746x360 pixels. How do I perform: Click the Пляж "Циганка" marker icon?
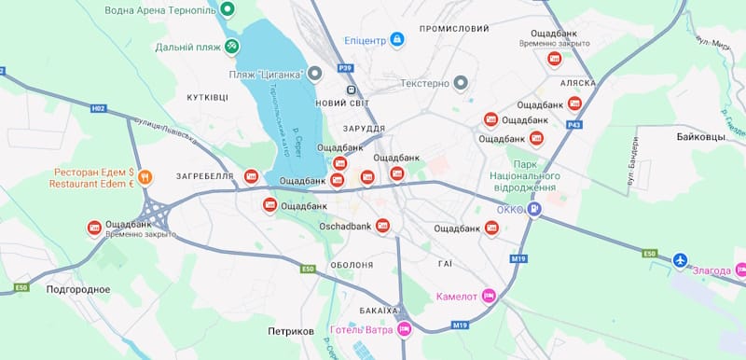315,73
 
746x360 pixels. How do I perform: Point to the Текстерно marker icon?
460,83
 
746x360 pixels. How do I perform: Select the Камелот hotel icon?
489,297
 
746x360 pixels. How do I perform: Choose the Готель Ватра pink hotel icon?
404,329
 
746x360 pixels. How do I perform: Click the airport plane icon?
679,258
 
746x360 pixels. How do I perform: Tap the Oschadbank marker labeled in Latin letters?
382,226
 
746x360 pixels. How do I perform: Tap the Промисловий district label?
454,29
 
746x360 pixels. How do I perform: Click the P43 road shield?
574,124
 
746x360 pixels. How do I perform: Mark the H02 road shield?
99,108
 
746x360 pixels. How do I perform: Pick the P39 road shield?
346,68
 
